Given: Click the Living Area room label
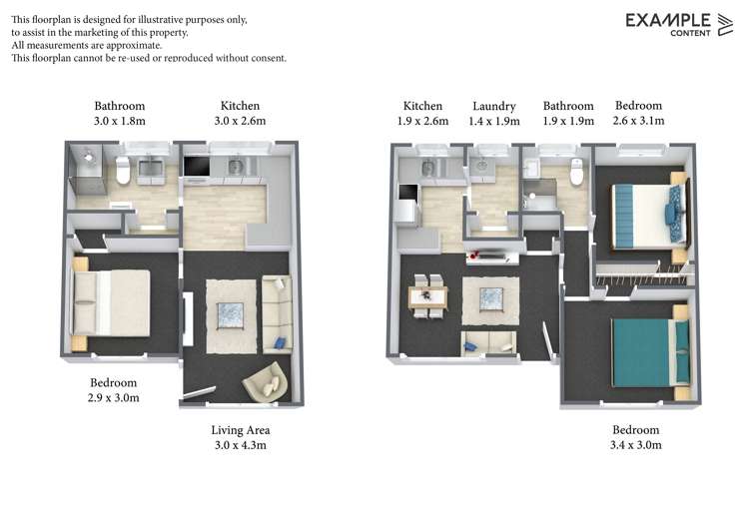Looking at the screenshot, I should pyautogui.click(x=240, y=430).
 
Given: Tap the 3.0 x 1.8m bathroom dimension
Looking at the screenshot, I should pyautogui.click(x=120, y=121).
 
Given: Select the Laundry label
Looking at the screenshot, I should pyautogui.click(x=494, y=106).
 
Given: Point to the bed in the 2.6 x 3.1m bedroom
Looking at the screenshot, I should pyautogui.click(x=644, y=211).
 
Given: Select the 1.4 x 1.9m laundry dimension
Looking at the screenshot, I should pyautogui.click(x=494, y=121).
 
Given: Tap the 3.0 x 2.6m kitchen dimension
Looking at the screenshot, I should pyautogui.click(x=240, y=121).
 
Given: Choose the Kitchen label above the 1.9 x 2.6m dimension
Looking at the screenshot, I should pyautogui.click(x=422, y=106).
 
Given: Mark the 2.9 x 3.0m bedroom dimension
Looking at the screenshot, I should pyautogui.click(x=114, y=397).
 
